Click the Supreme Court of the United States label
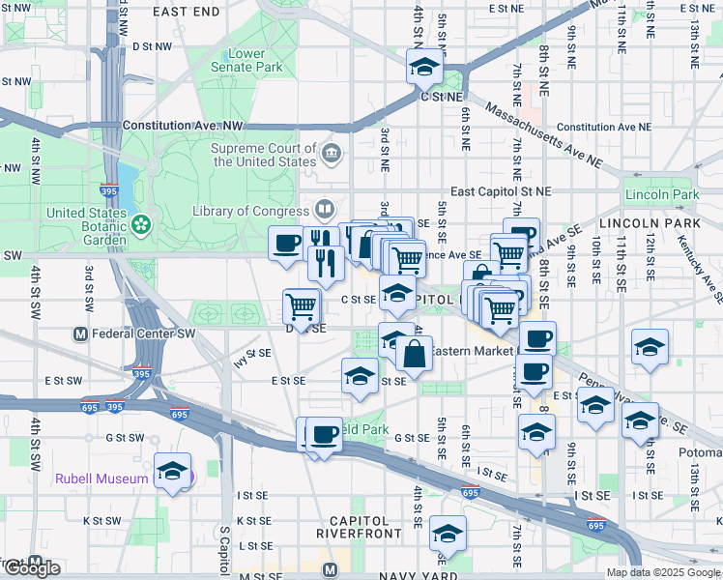264,155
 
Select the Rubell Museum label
101,478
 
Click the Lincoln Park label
662,195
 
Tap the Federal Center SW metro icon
81,334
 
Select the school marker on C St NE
423,68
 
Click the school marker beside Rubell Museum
173,472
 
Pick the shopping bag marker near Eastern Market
414,355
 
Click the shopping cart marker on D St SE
303,307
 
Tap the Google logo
32,568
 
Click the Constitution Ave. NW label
183,127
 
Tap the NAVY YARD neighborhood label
386,575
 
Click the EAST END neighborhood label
187,12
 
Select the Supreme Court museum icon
332,152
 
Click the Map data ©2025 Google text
664,572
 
